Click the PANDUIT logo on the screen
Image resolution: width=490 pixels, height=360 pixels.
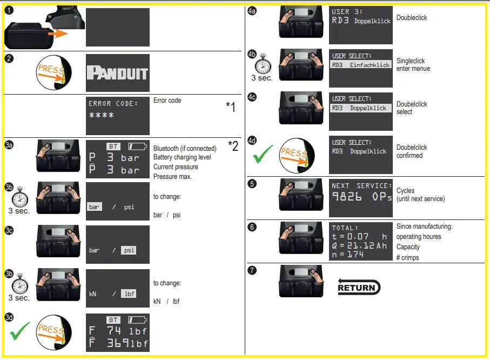(x=117, y=73)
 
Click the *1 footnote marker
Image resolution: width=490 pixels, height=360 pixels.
(x=230, y=108)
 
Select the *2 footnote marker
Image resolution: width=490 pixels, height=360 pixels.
(x=233, y=145)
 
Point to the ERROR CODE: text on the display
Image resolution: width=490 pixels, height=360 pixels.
(x=113, y=103)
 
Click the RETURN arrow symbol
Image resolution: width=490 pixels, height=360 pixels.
(x=359, y=286)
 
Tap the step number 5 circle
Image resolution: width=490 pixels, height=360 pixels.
(x=252, y=183)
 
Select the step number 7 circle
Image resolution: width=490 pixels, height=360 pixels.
(x=252, y=269)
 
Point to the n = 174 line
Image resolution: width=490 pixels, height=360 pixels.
(x=349, y=255)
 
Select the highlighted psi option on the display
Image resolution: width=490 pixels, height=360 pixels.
(x=129, y=250)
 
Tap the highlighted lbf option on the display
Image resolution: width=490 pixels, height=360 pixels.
(x=128, y=294)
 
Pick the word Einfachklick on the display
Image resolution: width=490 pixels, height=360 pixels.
(x=370, y=65)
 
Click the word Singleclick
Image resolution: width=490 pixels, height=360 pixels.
(x=411, y=61)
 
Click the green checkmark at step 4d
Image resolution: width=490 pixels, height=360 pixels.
(x=263, y=154)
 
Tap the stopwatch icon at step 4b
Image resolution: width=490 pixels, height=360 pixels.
(x=262, y=63)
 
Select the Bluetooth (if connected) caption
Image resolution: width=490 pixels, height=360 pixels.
(x=185, y=148)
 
